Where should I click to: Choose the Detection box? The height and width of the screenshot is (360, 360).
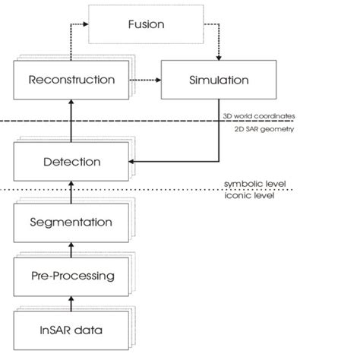69,162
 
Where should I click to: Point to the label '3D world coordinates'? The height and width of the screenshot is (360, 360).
258,116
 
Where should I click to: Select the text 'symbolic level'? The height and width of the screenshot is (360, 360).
248,183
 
